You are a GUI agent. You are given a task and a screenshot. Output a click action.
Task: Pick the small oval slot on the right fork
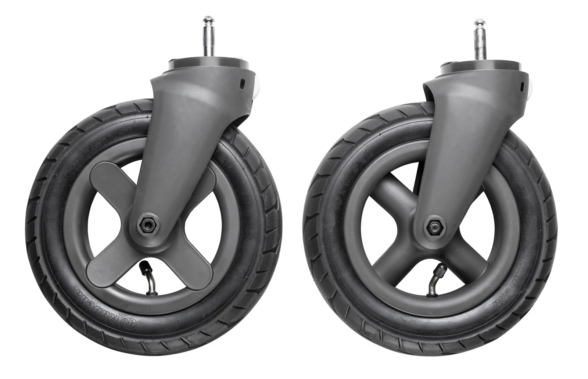point(522,85)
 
